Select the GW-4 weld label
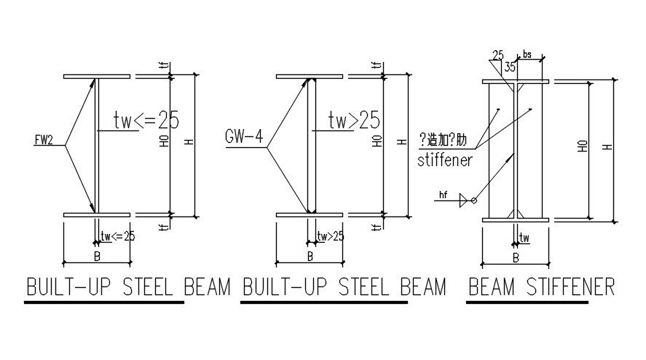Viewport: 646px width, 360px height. point(243,135)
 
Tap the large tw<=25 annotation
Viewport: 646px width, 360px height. point(146,120)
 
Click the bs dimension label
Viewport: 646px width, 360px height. point(527,55)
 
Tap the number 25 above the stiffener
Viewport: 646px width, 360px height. point(498,55)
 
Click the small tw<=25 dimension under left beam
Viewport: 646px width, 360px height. point(119,235)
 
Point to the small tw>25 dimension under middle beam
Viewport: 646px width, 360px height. point(331,235)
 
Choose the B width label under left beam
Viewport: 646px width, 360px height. point(97,256)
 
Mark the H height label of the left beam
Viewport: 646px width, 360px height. point(189,144)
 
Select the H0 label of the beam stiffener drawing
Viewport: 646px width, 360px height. point(583,146)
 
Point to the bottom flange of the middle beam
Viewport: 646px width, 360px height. point(310,215)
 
